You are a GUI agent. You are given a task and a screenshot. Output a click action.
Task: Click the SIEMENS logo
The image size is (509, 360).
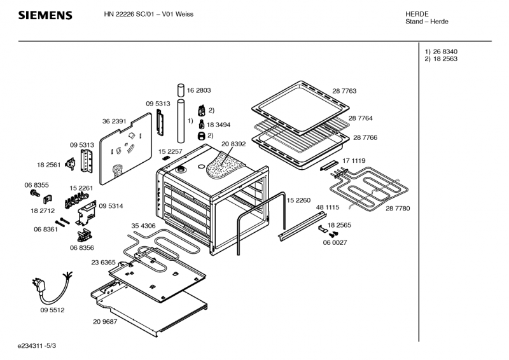pyautogui.click(x=45, y=15)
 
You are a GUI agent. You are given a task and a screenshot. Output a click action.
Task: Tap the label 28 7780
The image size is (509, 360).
pyautogui.click(x=398, y=208)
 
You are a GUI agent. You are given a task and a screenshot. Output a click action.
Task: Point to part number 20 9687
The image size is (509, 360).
pyautogui.click(x=105, y=322)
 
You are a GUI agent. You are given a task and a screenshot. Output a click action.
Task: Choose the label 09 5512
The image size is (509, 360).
pyautogui.click(x=52, y=310)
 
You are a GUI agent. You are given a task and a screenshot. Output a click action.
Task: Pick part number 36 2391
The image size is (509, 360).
pyautogui.click(x=115, y=121)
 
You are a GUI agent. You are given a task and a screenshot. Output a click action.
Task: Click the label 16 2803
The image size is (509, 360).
pyautogui.click(x=199, y=91)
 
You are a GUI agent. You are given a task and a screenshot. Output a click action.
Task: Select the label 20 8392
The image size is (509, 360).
pyautogui.click(x=234, y=145)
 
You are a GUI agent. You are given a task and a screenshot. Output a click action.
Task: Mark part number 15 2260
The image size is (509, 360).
pyautogui.click(x=298, y=200)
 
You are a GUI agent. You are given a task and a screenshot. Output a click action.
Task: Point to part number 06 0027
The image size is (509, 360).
pyautogui.click(x=335, y=242)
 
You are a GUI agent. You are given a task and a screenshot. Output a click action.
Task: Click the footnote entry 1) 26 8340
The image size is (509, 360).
pyautogui.click(x=441, y=52)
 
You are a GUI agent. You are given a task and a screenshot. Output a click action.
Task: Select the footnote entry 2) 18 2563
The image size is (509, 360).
pyautogui.click(x=441, y=59)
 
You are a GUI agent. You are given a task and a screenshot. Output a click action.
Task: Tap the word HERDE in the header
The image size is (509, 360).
pyautogui.click(x=417, y=14)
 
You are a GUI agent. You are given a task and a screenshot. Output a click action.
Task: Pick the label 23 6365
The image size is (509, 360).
pyautogui.click(x=103, y=262)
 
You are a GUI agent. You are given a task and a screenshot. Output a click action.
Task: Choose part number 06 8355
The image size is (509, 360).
pyautogui.click(x=37, y=185)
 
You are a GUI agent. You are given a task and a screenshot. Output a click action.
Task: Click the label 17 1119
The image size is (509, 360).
pyautogui.click(x=354, y=161)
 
